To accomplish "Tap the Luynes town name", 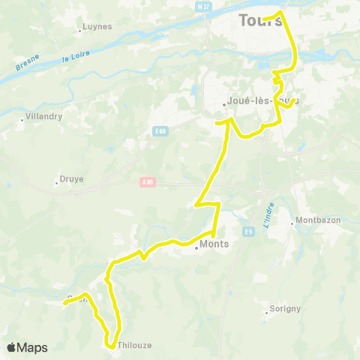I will pyautogui.click(x=97, y=26).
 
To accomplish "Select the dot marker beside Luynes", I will pyautogui.click(x=80, y=31).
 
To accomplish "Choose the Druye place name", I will pyautogui.click(x=70, y=179).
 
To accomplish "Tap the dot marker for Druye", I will pyautogui.click(x=57, y=181).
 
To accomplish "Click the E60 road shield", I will pyautogui.click(x=160, y=132).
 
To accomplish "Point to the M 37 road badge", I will pyautogui.click(x=202, y=7).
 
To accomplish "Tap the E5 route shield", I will pyautogui.click(x=249, y=231).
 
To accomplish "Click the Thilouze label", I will pyautogui.click(x=135, y=346).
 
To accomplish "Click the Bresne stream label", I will pyautogui.click(x=28, y=63).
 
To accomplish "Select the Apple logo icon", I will pyautogui.click(x=11, y=347).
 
